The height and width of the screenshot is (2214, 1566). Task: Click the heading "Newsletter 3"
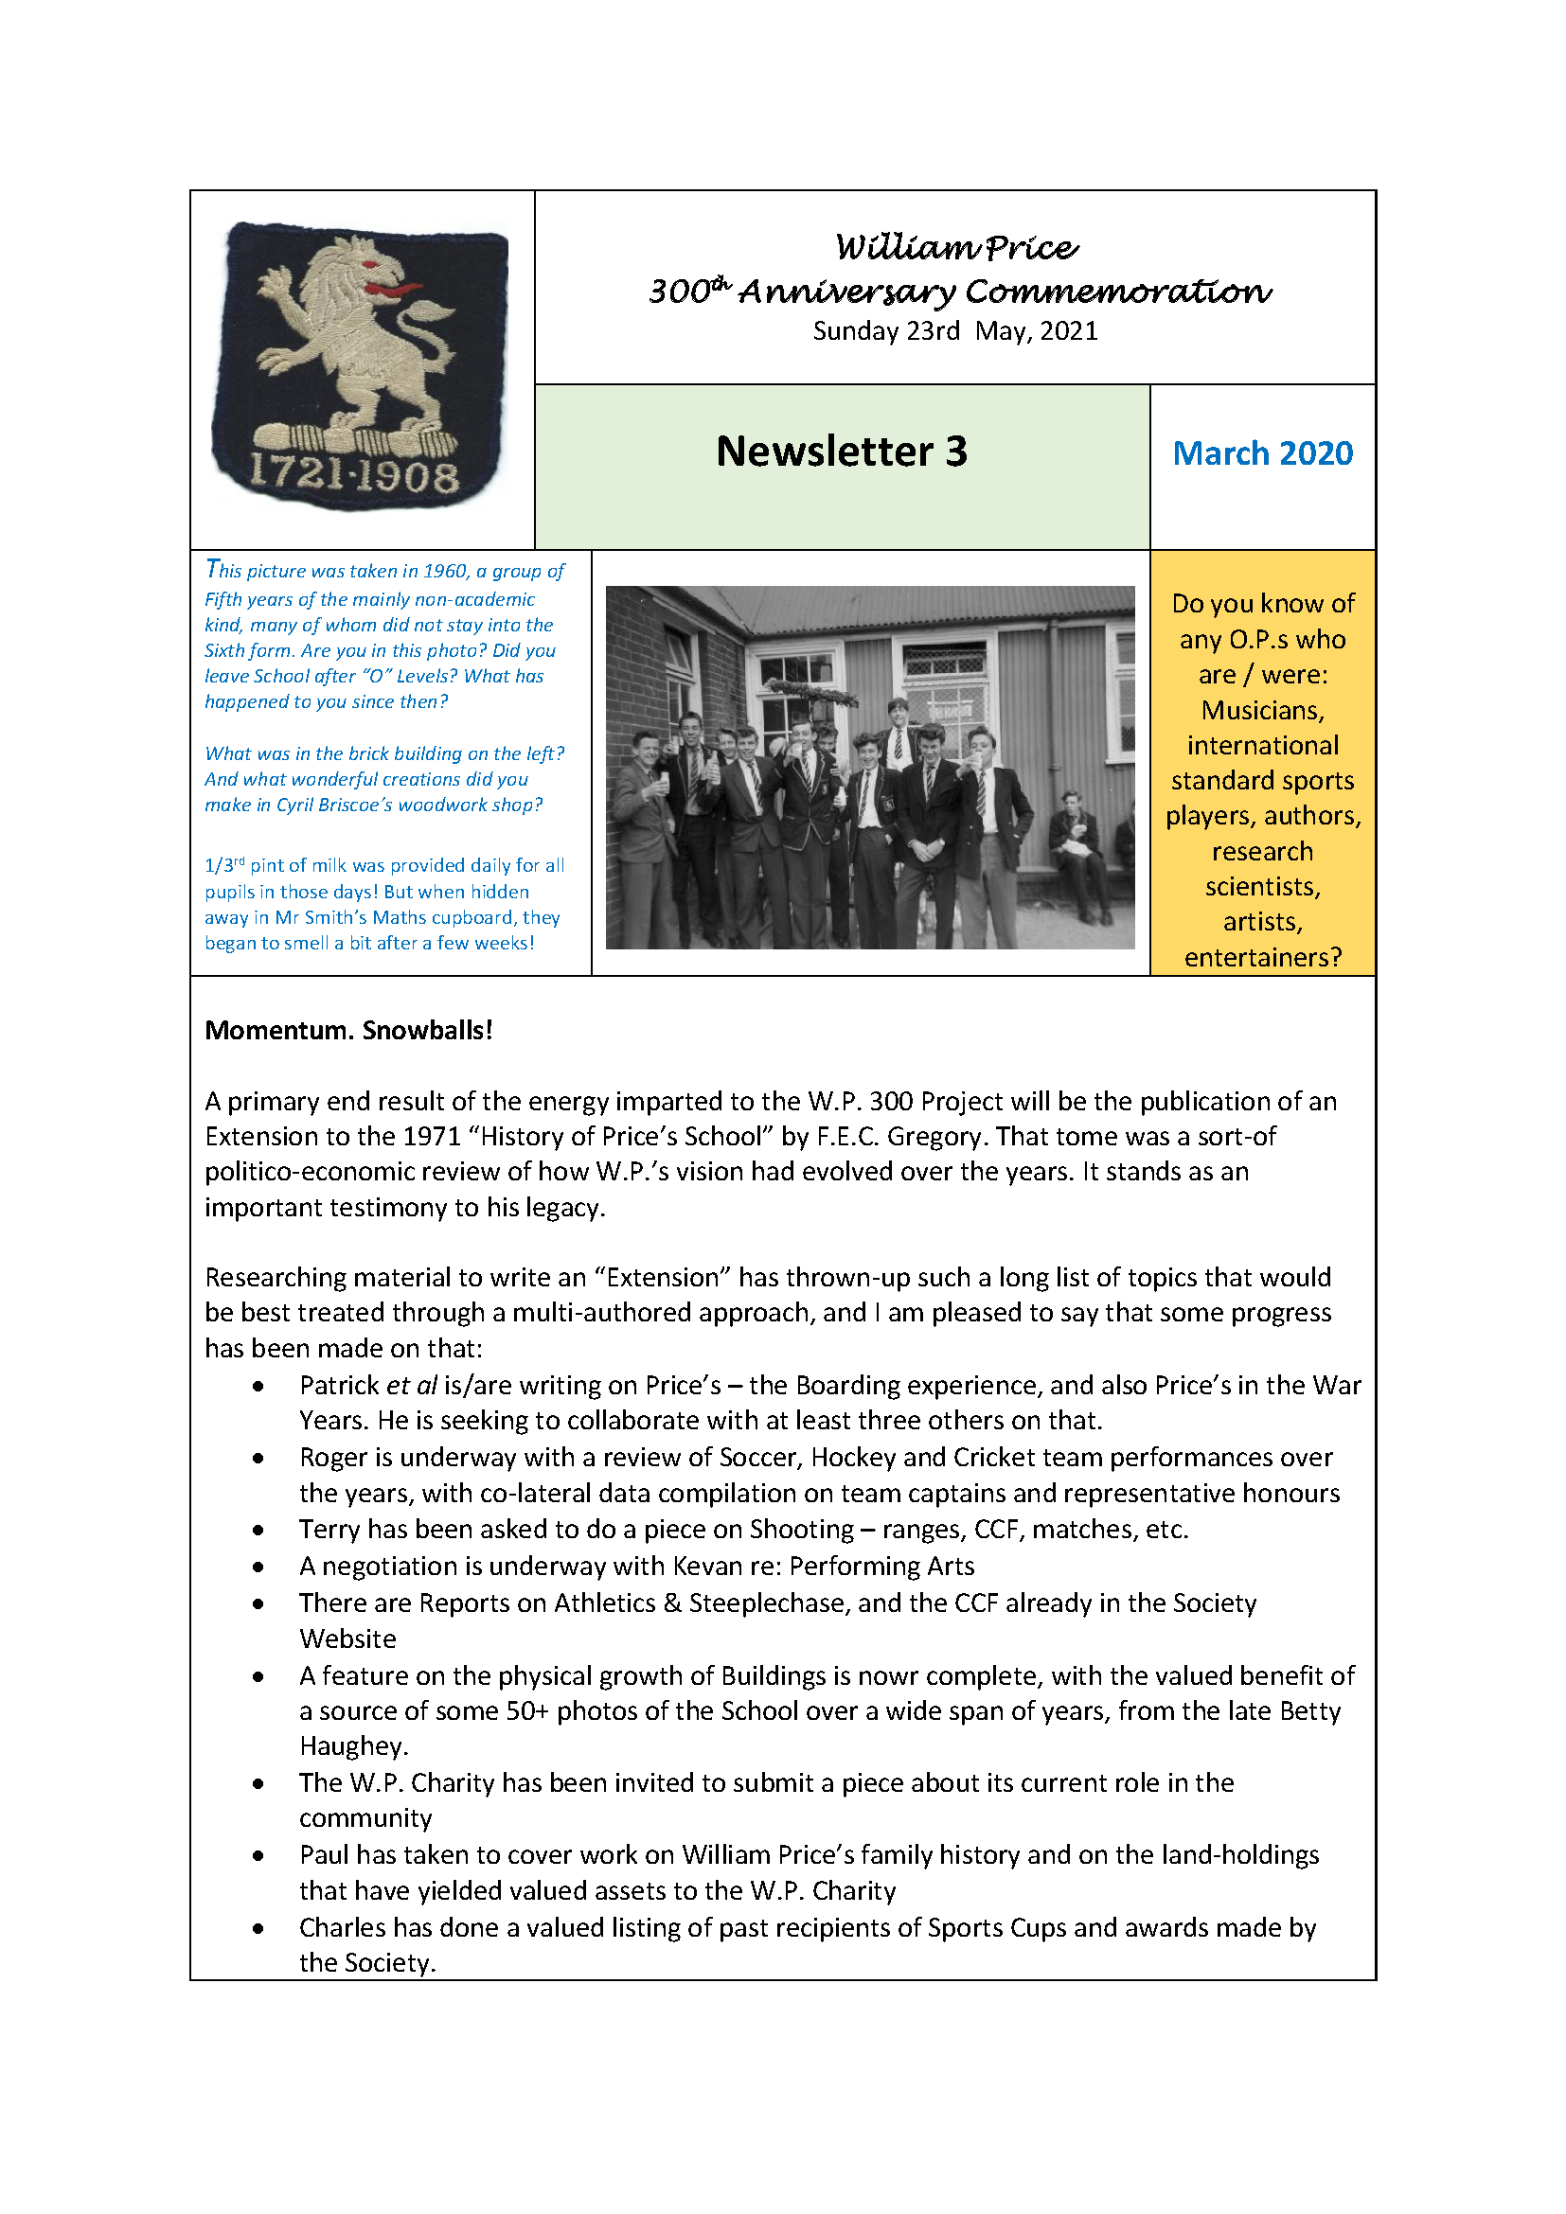(841, 452)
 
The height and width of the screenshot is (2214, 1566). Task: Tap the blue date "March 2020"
(1262, 453)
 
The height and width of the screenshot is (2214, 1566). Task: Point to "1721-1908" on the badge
(354, 474)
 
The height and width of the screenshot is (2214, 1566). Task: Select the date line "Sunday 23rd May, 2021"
(954, 331)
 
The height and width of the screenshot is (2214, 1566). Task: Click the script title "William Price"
(956, 248)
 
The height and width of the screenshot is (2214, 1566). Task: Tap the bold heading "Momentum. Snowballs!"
(348, 1030)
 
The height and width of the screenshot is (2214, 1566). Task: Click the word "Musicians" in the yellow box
(1262, 711)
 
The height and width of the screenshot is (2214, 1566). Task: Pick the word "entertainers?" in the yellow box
(1262, 958)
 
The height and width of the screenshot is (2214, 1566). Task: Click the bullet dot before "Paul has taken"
(258, 1855)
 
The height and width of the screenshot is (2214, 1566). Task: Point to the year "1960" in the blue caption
(446, 571)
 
